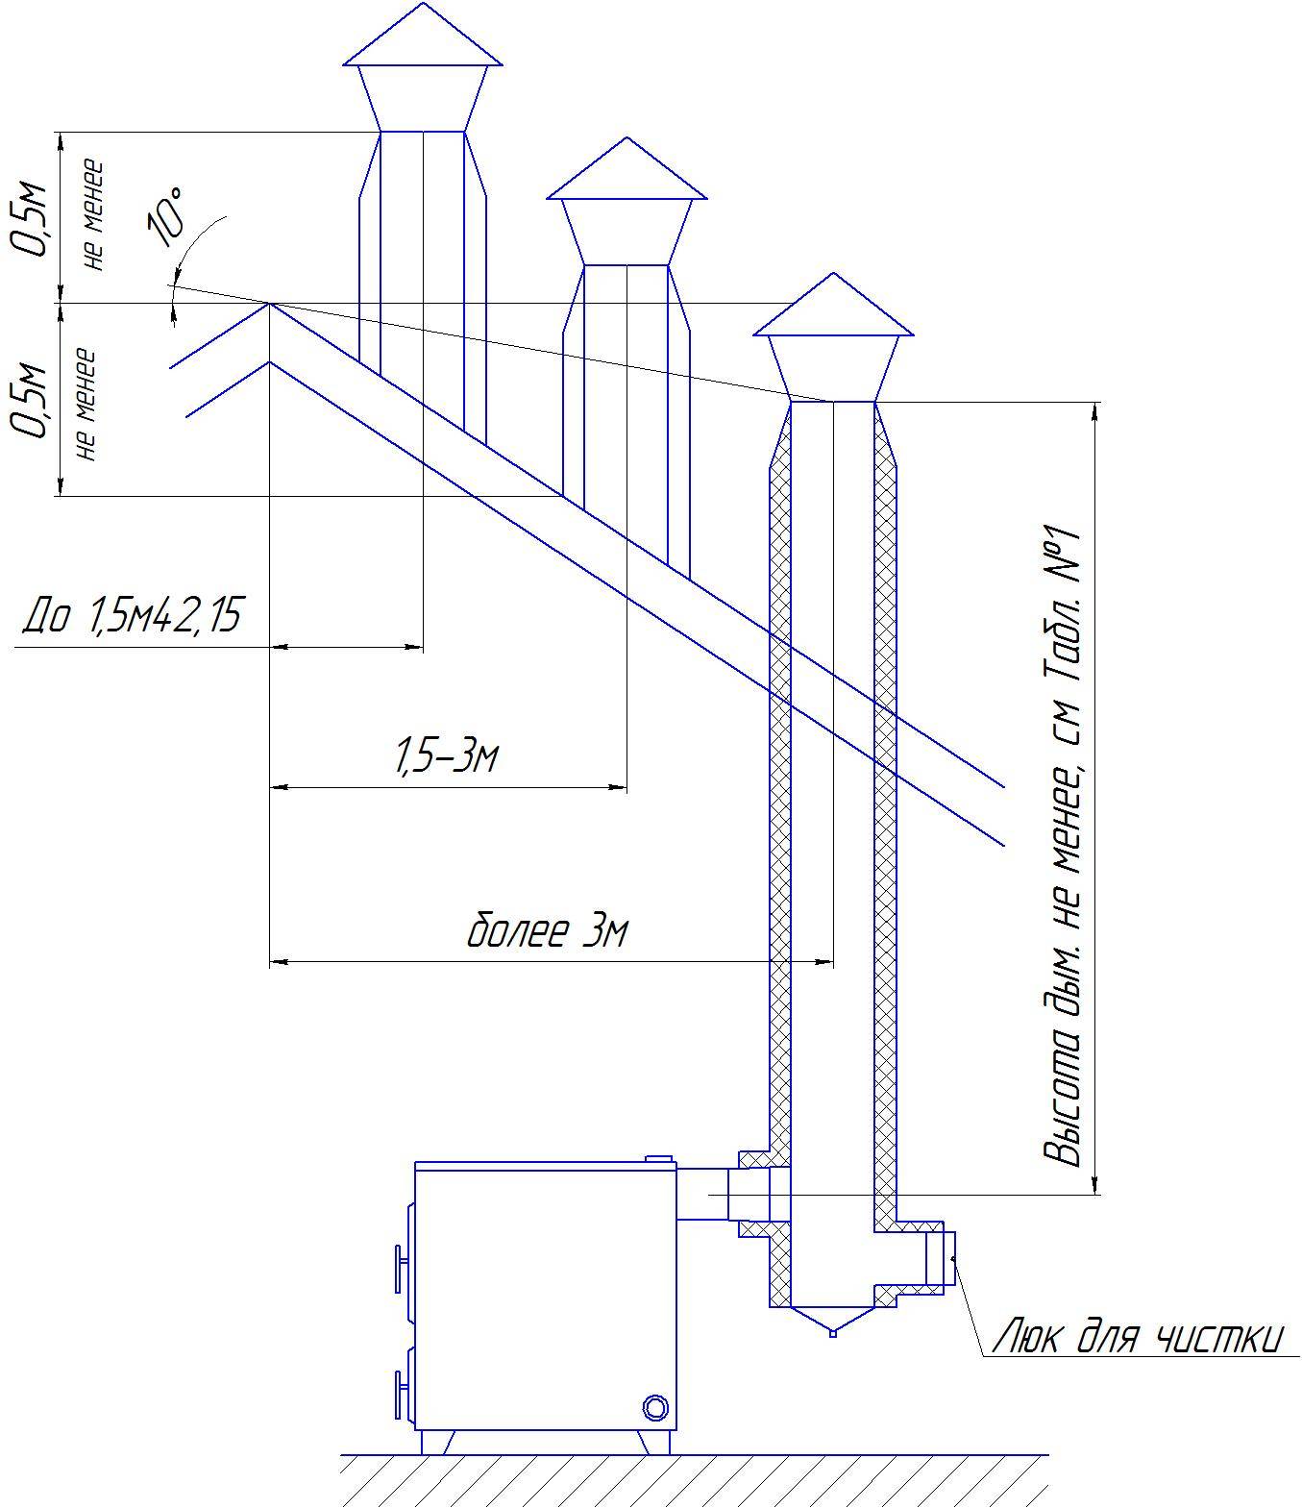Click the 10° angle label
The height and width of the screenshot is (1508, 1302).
click(x=165, y=216)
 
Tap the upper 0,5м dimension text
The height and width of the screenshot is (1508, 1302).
click(x=33, y=219)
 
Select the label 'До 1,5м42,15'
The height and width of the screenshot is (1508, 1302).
click(x=132, y=616)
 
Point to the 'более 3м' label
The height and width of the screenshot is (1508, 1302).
click(x=547, y=931)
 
